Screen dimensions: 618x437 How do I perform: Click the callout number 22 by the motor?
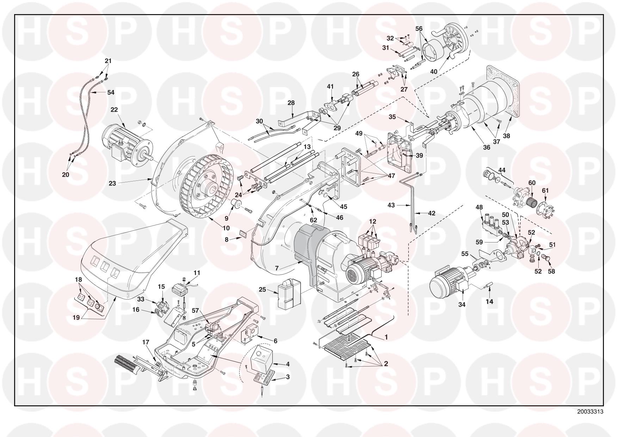[114, 110]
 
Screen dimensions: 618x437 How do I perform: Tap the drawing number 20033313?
[590, 411]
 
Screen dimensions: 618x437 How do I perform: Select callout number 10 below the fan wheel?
[226, 228]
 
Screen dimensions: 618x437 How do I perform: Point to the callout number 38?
[506, 136]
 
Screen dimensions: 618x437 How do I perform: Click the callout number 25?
[262, 290]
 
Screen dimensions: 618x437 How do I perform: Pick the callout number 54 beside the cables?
[111, 92]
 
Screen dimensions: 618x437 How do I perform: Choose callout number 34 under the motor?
[462, 304]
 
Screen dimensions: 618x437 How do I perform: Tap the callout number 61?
[545, 191]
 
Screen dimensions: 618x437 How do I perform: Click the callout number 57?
[196, 310]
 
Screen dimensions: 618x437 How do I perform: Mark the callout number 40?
[434, 72]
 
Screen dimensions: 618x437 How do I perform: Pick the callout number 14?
[489, 301]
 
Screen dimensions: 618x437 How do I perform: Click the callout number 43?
[391, 205]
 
